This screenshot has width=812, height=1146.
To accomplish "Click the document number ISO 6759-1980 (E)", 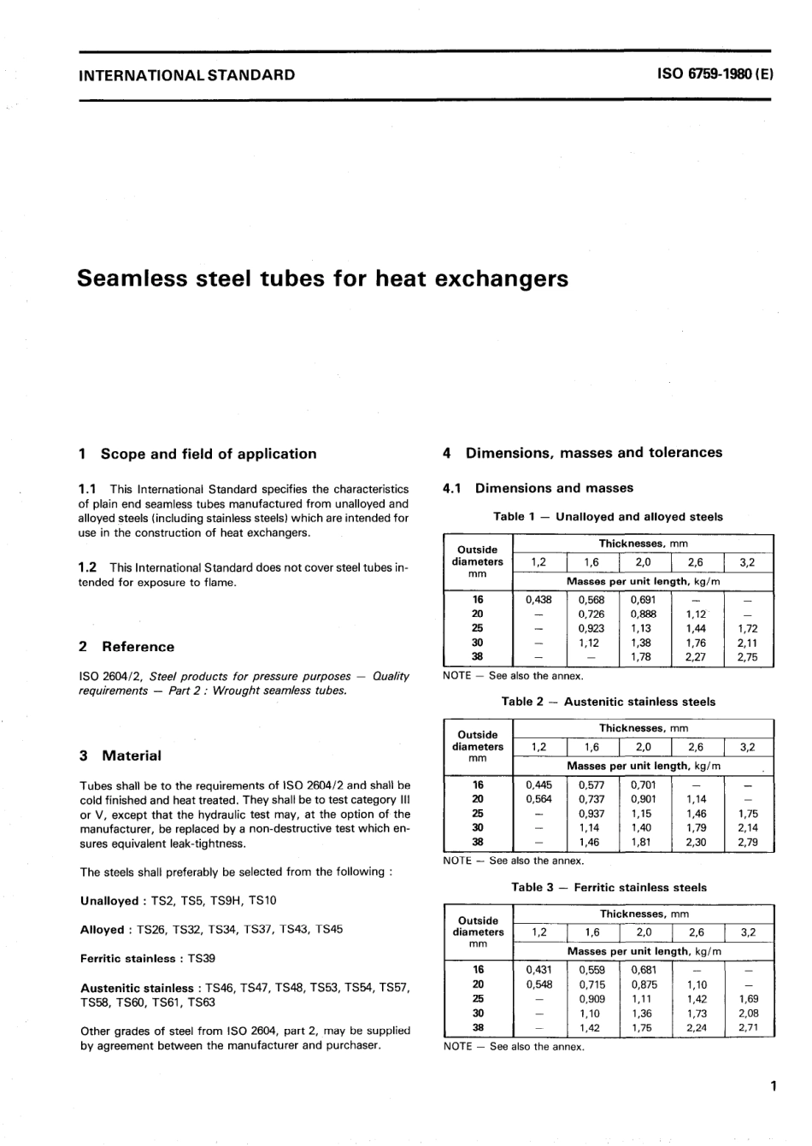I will [715, 74].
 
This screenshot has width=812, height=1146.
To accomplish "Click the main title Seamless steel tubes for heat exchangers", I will [322, 279].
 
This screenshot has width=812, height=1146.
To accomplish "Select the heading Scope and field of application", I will [209, 454].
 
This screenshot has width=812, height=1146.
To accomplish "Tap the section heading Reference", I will [138, 647].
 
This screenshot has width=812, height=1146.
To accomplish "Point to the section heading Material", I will [131, 755].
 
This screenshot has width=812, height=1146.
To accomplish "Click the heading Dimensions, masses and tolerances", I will [593, 452].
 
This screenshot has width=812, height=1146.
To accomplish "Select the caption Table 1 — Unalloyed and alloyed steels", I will [608, 516].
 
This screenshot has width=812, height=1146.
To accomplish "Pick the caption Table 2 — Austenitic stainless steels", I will [608, 702].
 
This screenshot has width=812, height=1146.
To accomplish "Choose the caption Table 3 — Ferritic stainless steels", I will [609, 887].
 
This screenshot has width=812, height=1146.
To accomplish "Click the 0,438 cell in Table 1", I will [538, 600].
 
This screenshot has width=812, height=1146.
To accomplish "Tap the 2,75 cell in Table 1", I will [747, 657].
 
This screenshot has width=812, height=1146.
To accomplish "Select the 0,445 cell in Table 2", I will [538, 785].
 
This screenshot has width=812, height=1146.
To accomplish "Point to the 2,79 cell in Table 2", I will [747, 843].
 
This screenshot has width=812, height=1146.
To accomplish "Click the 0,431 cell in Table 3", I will [538, 970].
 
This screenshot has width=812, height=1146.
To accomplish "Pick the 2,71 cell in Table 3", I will [747, 1028].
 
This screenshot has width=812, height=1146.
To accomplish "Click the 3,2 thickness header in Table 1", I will [747, 562].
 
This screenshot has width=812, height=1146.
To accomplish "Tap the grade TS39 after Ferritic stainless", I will [202, 959].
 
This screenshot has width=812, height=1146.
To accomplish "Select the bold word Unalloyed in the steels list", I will [109, 901].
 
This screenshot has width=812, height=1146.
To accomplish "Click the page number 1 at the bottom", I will [772, 1087].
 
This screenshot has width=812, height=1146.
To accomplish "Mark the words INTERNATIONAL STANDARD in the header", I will [186, 74].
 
